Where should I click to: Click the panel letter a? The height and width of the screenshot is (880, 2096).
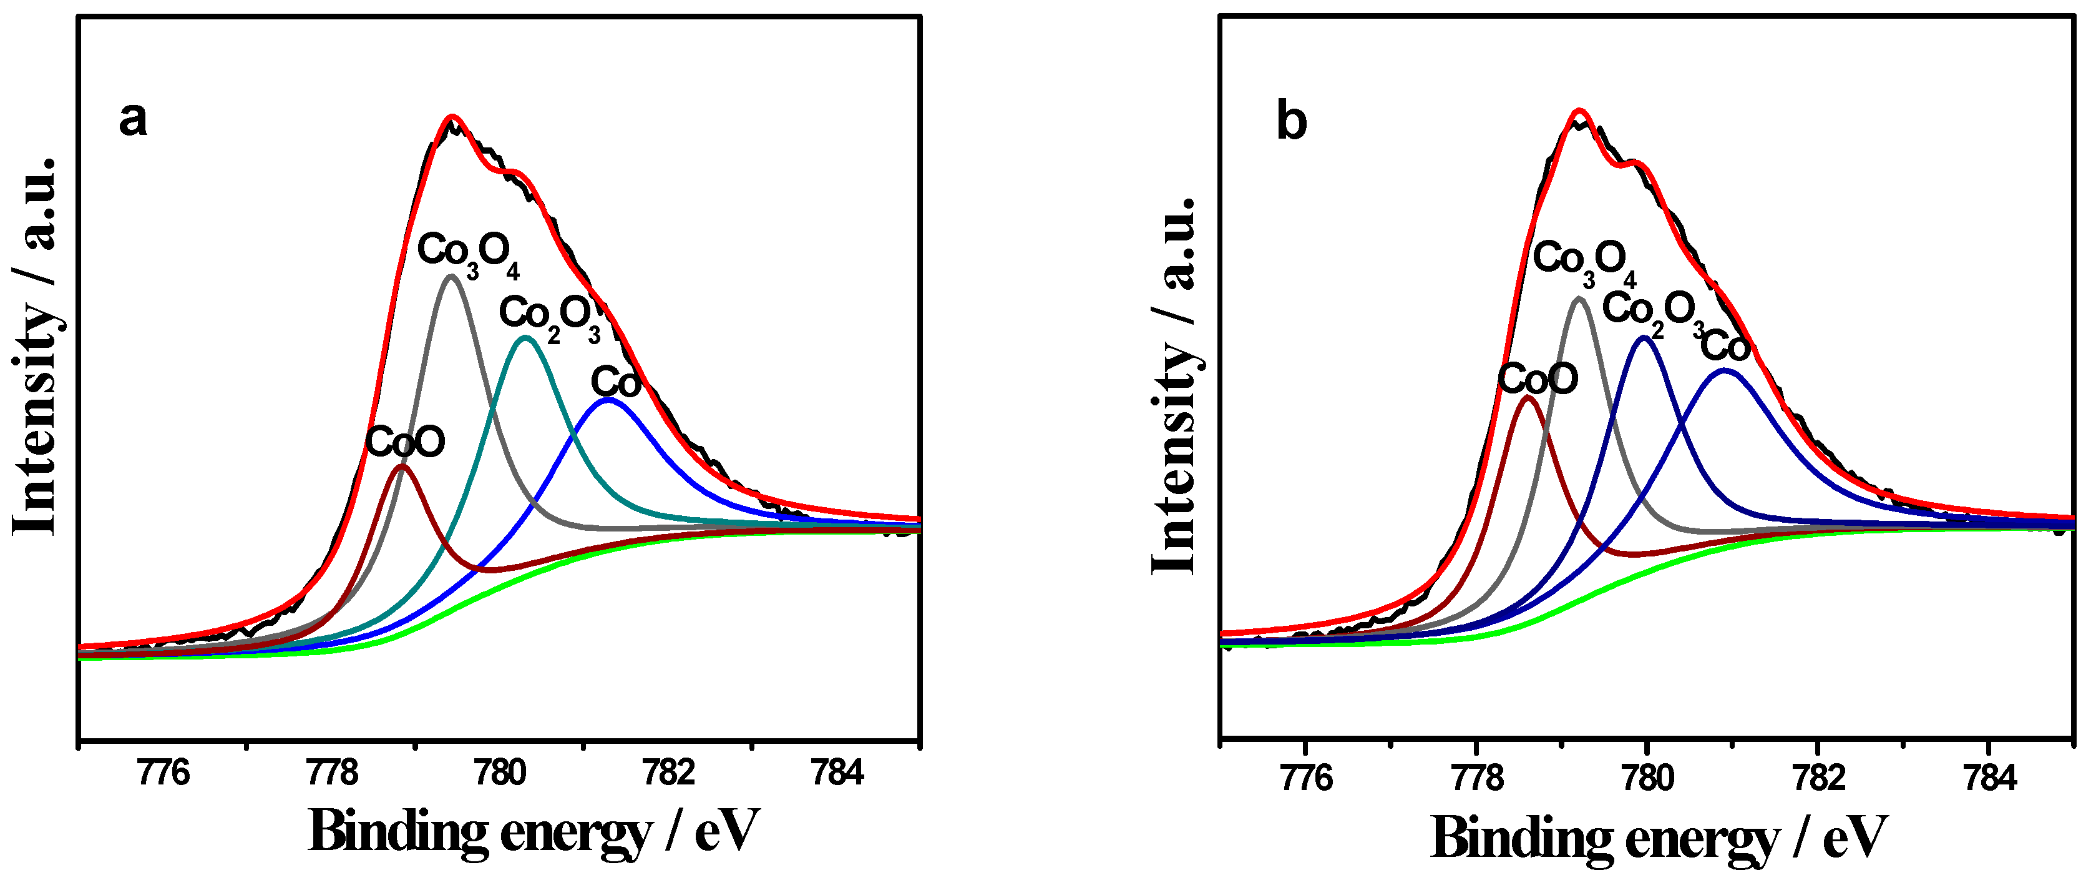134,121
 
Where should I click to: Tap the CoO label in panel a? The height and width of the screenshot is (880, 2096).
404,443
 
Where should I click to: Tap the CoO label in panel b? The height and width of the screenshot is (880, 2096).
1538,378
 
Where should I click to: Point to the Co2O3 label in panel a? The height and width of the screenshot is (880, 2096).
549,316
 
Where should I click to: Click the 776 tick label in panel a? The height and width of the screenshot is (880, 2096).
163,773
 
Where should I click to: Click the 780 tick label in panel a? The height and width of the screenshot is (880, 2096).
500,773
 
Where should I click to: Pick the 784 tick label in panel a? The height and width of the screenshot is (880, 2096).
837,773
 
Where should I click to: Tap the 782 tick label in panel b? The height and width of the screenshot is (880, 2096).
1818,779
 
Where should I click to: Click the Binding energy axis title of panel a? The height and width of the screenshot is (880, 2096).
533,833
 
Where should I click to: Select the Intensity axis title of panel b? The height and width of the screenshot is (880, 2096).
1175,386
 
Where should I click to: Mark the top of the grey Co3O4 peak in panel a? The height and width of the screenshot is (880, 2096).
451,276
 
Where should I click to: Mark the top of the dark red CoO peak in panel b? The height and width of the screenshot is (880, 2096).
1529,397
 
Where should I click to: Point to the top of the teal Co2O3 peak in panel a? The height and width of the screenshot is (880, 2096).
525,337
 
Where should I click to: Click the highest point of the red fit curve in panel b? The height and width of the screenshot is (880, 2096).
1579,110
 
